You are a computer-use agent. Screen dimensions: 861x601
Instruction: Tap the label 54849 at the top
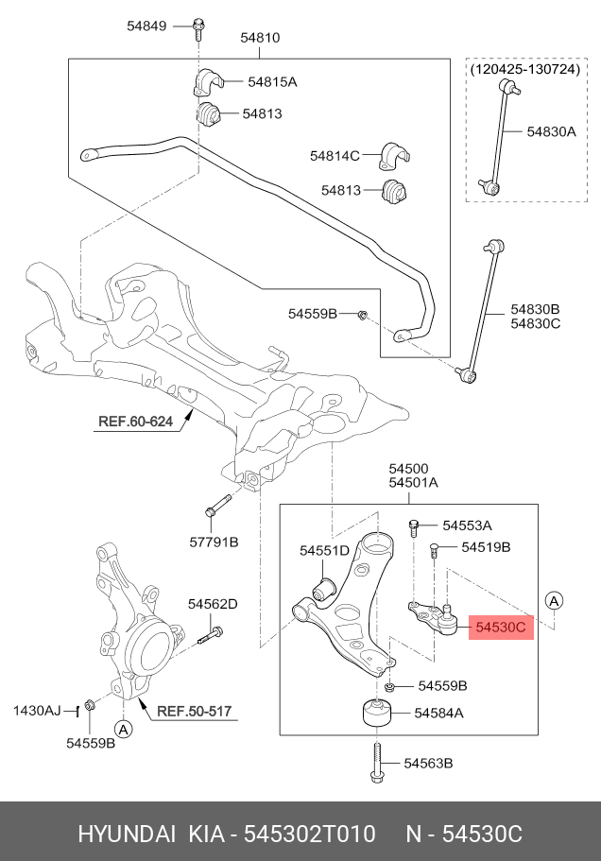coord(146,26)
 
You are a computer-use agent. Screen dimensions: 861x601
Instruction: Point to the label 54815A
coord(272,82)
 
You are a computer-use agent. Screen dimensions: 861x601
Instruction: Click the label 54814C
coord(335,155)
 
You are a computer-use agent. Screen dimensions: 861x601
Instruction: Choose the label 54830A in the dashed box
coord(551,132)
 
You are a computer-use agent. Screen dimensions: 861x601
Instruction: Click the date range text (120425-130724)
coord(524,70)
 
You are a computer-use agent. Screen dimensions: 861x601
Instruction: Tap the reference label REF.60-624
coord(134,422)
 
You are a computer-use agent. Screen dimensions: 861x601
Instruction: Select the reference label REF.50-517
coord(194,711)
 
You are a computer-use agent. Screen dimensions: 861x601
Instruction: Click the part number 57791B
coord(215,542)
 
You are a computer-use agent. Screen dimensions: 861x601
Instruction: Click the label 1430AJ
coord(36,710)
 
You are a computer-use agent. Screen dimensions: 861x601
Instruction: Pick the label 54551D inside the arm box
coord(324,550)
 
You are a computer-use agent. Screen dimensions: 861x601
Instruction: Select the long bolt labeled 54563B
coord(376,763)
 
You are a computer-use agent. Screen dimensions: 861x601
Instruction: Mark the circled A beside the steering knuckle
coord(122,728)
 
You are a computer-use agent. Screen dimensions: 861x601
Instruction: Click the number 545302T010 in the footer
coord(310,835)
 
